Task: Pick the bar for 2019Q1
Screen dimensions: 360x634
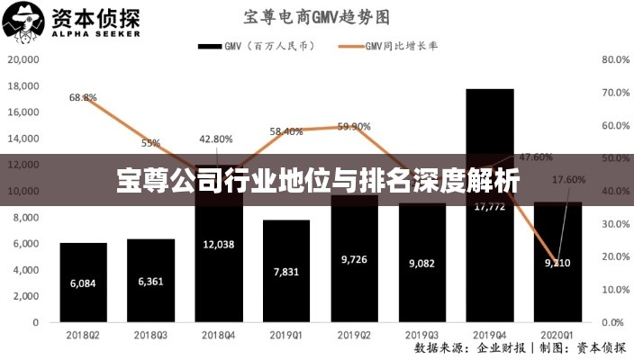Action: (286, 270)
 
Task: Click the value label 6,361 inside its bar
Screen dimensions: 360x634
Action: (151, 282)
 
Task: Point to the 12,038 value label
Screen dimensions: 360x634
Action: (219, 244)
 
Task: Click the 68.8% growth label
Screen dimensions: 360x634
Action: (83, 97)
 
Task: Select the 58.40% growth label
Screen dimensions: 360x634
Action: (286, 131)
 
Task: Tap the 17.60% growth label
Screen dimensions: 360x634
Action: (568, 179)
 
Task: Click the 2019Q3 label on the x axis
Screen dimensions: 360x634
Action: (422, 334)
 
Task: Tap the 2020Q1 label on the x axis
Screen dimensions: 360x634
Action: (557, 334)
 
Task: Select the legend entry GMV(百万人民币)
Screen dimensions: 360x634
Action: (256, 46)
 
